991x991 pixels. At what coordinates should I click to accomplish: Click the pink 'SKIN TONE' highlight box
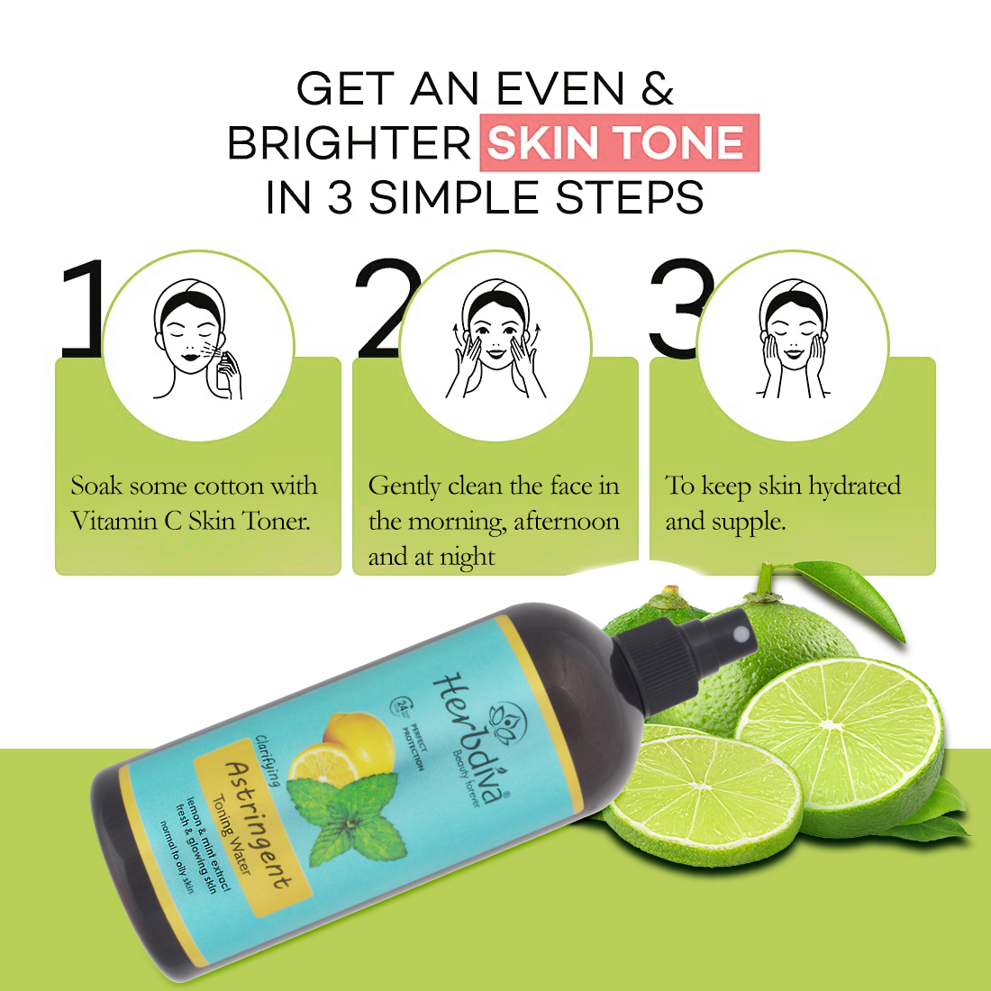click(620, 142)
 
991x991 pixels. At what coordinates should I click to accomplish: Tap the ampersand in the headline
click(658, 88)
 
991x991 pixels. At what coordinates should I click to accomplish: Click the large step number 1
click(82, 308)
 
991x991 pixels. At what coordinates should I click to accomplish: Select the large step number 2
click(386, 308)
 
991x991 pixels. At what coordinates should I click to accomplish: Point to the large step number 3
click(679, 308)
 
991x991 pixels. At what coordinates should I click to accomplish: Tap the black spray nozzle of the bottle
click(683, 651)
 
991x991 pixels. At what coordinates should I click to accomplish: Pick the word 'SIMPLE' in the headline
click(453, 197)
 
